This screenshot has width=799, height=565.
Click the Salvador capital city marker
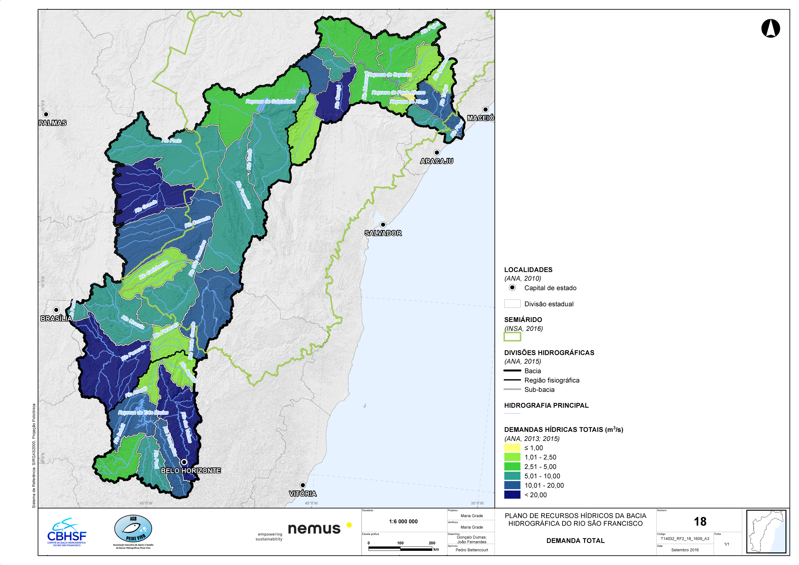383,225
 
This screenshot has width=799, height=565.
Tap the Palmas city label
53,123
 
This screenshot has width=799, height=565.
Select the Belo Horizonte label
191,471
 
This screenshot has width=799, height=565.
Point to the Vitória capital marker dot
303,485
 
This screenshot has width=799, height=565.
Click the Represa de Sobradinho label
270,101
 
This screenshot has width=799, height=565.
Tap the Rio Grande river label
146,206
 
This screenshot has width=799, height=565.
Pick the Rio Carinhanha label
153,270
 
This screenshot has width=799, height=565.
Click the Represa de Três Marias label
143,413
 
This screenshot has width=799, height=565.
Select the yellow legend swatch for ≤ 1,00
512,448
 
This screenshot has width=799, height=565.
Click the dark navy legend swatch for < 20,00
512,495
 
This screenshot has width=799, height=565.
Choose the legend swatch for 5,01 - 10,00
512,476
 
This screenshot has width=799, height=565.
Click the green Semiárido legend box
512,336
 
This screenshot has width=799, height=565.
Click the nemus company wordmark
314,529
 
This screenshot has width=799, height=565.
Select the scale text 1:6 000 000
403,521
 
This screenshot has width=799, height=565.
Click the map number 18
700,521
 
